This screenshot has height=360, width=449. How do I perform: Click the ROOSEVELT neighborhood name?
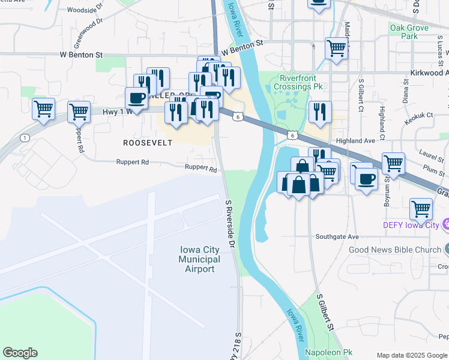(x=148, y=143)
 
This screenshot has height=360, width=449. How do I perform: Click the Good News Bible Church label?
(x=396, y=250)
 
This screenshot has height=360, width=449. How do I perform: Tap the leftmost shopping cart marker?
(x=43, y=109)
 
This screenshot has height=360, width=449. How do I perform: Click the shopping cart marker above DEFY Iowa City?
(x=421, y=209)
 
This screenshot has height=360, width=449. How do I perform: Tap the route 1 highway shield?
(x=25, y=138)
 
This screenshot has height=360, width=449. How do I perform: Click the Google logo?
(x=20, y=353)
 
